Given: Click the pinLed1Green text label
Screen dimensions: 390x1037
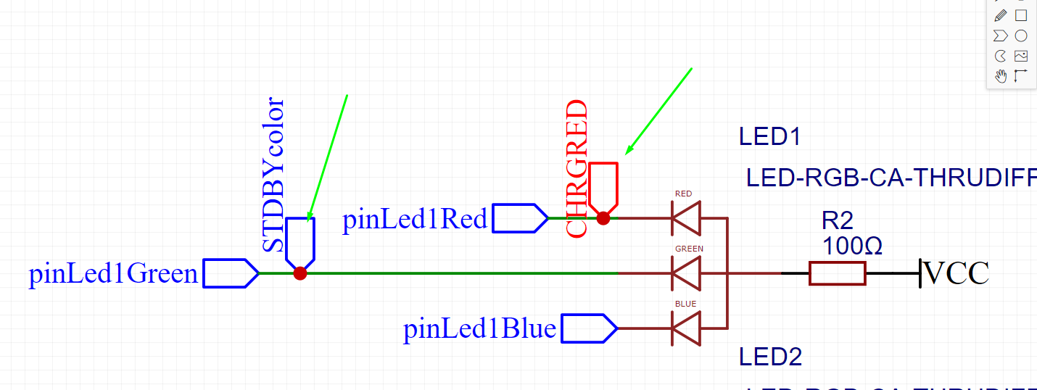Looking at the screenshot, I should (x=113, y=274).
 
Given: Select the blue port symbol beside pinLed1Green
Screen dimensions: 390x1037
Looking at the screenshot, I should (x=230, y=273).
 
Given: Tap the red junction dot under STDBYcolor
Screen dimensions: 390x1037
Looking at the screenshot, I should (x=300, y=273).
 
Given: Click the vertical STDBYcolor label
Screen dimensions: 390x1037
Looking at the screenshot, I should (x=273, y=175).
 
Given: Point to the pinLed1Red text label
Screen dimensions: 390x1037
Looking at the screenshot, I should (x=415, y=219).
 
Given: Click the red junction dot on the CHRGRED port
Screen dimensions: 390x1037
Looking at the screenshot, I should (x=603, y=217).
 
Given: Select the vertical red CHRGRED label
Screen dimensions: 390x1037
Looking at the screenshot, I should (x=576, y=169).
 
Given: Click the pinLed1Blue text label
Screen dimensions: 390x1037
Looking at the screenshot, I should (x=479, y=329).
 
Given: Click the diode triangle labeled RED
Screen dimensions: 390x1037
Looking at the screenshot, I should (x=686, y=217).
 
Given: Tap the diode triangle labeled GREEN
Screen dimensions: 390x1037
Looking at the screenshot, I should (x=686, y=273).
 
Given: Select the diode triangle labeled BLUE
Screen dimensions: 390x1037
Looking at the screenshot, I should (x=686, y=328).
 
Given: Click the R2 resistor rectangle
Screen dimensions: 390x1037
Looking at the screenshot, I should (x=837, y=273).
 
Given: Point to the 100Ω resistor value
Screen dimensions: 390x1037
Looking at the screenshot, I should (x=852, y=246).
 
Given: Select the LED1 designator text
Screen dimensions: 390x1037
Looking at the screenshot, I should (x=769, y=136).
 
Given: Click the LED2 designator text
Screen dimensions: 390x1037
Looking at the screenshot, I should (x=769, y=356).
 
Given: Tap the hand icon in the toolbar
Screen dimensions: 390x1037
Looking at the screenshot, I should (x=1001, y=76).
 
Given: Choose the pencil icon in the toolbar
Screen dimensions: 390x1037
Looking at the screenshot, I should (x=1001, y=15).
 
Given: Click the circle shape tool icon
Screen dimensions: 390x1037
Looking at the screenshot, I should (x=1021, y=36).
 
